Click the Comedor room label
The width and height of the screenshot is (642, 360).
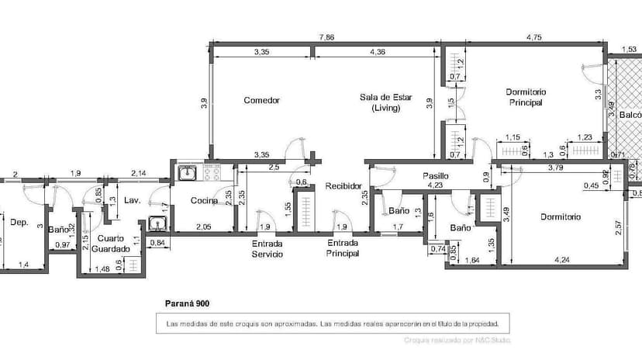click(261, 100)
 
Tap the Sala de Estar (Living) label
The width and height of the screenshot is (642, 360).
click(385, 102)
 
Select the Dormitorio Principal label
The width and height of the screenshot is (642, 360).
click(526, 97)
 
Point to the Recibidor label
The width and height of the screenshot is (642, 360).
click(343, 186)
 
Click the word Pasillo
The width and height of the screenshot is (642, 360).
click(435, 176)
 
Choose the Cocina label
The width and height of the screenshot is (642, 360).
click(205, 201)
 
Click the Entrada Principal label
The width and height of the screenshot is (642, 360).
click(343, 248)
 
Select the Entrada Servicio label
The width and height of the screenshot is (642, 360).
click(267, 248)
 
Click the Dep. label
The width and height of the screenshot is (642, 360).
click(19, 222)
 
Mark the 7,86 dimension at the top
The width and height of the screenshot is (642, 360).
click(327, 36)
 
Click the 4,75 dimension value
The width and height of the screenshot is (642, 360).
click(533, 36)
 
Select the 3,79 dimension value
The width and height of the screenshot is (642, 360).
click(554, 167)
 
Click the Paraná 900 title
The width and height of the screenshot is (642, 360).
click(188, 304)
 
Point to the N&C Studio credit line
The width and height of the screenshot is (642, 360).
click(457, 340)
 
